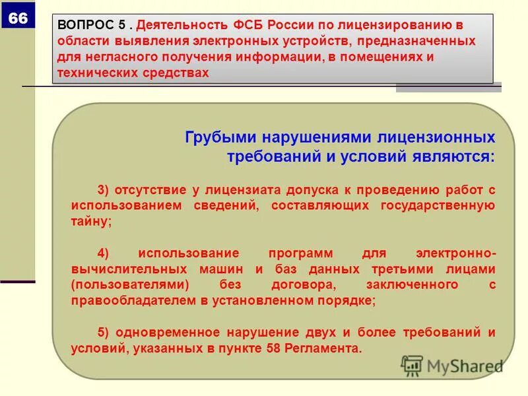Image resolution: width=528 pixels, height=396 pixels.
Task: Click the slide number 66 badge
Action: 18,18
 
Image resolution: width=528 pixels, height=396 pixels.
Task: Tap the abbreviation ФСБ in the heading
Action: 248,24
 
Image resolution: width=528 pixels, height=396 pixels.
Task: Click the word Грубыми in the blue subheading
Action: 221,138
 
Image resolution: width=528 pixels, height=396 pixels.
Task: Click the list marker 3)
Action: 104,190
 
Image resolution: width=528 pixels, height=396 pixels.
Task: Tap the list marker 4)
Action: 104,253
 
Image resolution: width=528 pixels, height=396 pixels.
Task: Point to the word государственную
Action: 438,206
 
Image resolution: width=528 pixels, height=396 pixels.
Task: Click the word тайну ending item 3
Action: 90,222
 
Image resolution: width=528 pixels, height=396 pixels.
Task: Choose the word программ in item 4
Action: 305,253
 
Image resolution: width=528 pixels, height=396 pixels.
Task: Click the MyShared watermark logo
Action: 451,365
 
